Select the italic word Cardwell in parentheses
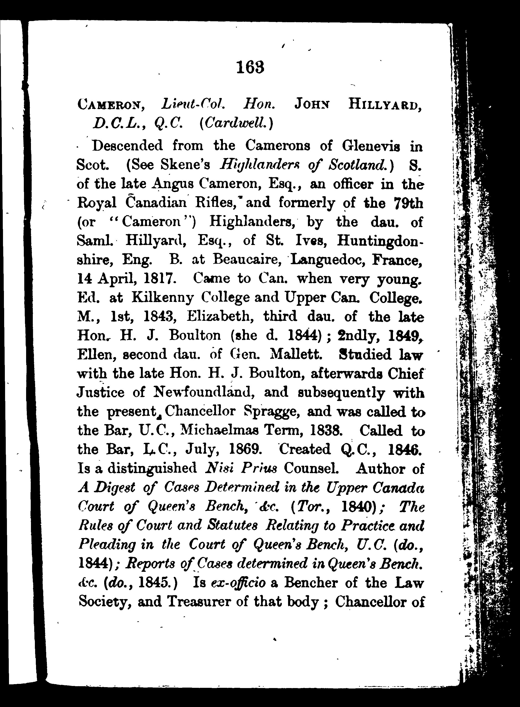236,123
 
